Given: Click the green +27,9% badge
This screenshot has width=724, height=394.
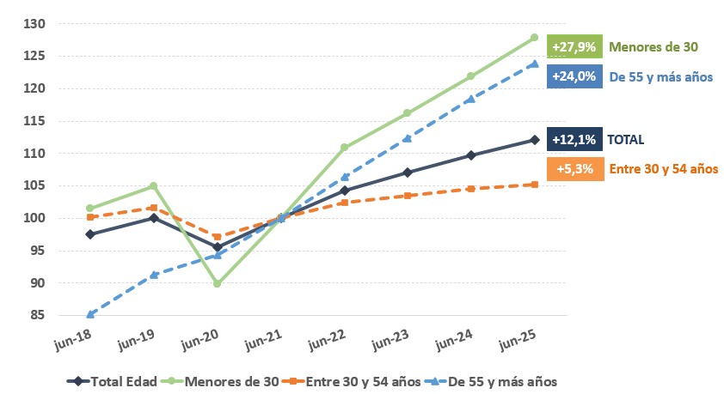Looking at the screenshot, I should point(574,46).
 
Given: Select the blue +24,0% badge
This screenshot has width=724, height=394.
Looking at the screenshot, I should point(574,76).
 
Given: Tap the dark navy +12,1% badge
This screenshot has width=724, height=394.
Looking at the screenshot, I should point(574,139).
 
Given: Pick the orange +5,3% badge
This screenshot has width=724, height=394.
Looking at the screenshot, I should point(574,169).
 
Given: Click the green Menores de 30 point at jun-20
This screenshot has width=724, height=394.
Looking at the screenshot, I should point(217,283).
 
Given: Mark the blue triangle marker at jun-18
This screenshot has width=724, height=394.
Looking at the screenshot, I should point(90,314).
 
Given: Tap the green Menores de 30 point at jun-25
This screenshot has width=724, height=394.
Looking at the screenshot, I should point(535,38).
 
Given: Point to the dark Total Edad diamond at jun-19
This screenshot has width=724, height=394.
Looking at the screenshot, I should point(154,218).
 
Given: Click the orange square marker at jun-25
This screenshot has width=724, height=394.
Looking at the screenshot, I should point(535,185).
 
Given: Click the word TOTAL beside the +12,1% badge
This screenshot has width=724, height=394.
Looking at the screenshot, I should point(625,139).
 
